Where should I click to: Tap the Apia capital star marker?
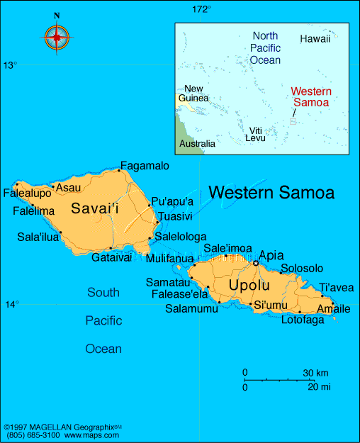[256, 263]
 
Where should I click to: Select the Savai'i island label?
[94, 208]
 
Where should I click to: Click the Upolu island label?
[249, 286]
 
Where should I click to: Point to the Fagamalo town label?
[145, 166]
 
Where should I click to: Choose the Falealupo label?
[27, 193]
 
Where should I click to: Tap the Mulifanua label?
[169, 259]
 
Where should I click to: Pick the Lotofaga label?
[303, 320]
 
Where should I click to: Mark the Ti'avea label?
[337, 287]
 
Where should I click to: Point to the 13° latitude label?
[9, 65]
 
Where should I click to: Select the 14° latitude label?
[12, 305]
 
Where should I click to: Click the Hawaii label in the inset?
[315, 39]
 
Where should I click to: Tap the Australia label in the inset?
[197, 144]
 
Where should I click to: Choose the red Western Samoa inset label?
[310, 97]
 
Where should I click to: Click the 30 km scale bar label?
[316, 373]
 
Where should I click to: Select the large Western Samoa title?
[271, 192]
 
